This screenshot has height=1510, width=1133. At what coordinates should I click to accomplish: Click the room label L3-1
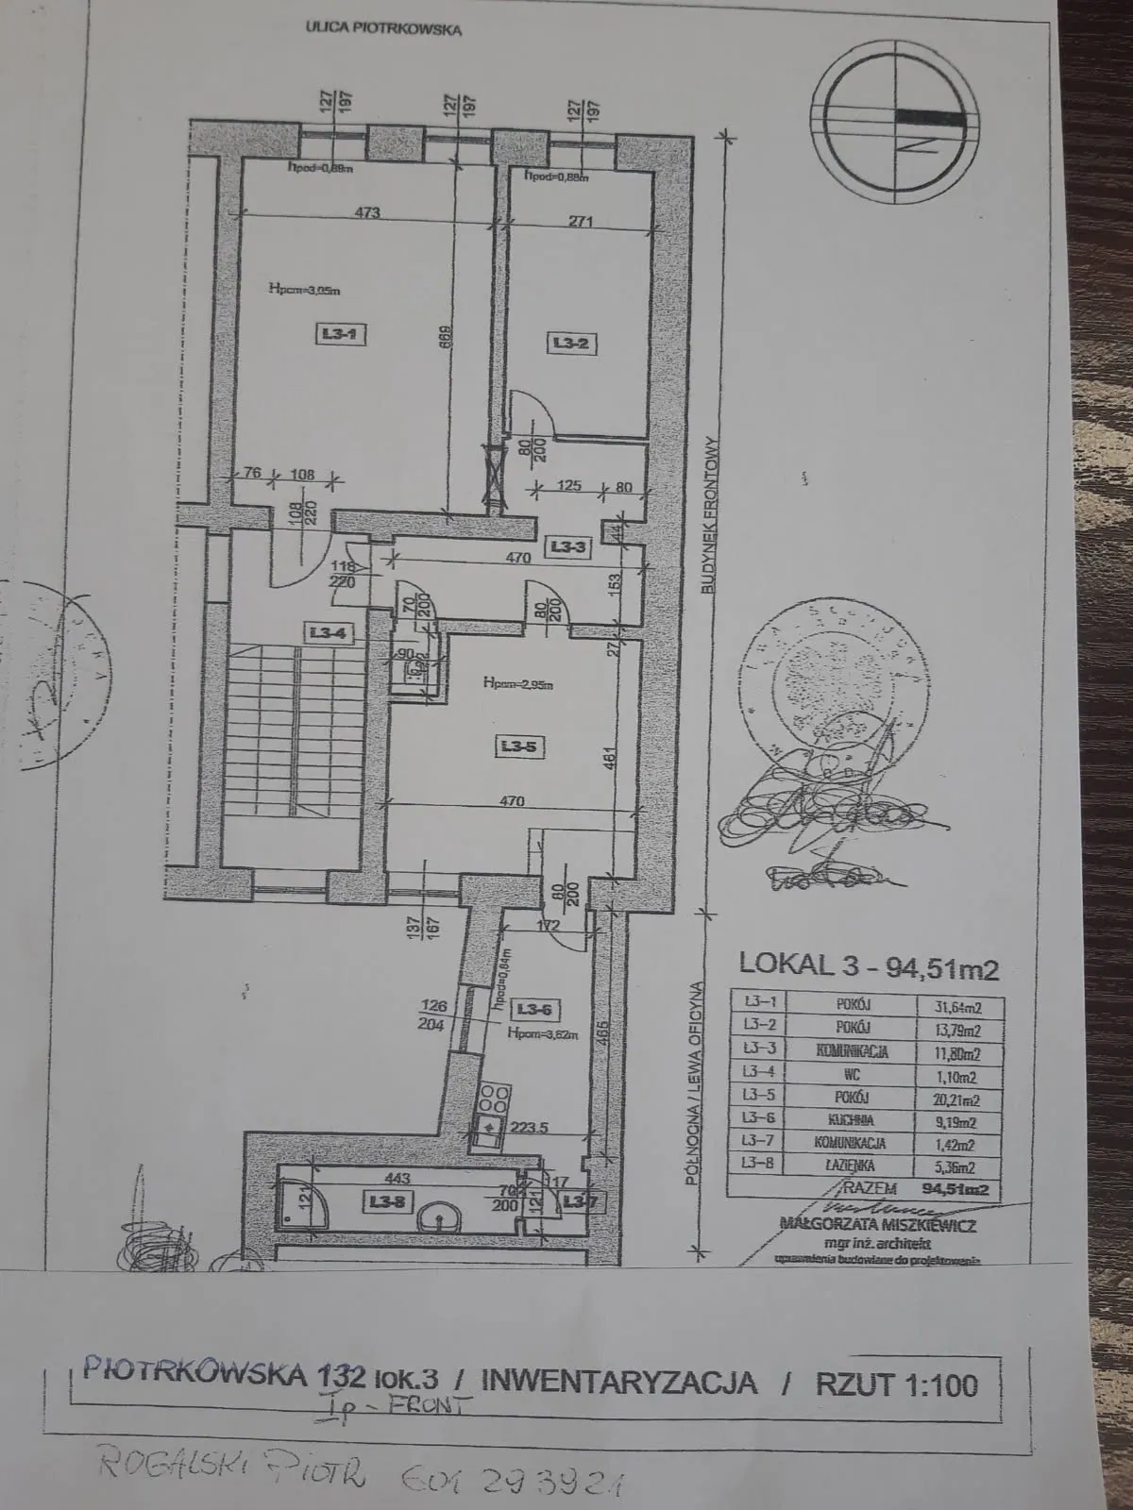(x=330, y=332)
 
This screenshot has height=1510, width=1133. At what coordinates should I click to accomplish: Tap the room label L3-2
(x=570, y=344)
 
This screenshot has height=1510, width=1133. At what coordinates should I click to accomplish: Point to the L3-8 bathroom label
(x=380, y=1200)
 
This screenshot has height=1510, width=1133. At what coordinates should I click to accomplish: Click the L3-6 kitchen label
(x=533, y=1010)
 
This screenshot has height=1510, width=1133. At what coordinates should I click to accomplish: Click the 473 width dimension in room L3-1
(x=367, y=212)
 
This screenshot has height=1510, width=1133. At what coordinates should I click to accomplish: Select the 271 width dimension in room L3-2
(x=581, y=223)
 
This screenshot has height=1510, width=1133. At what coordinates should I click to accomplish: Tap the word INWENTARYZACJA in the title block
(x=619, y=1382)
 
